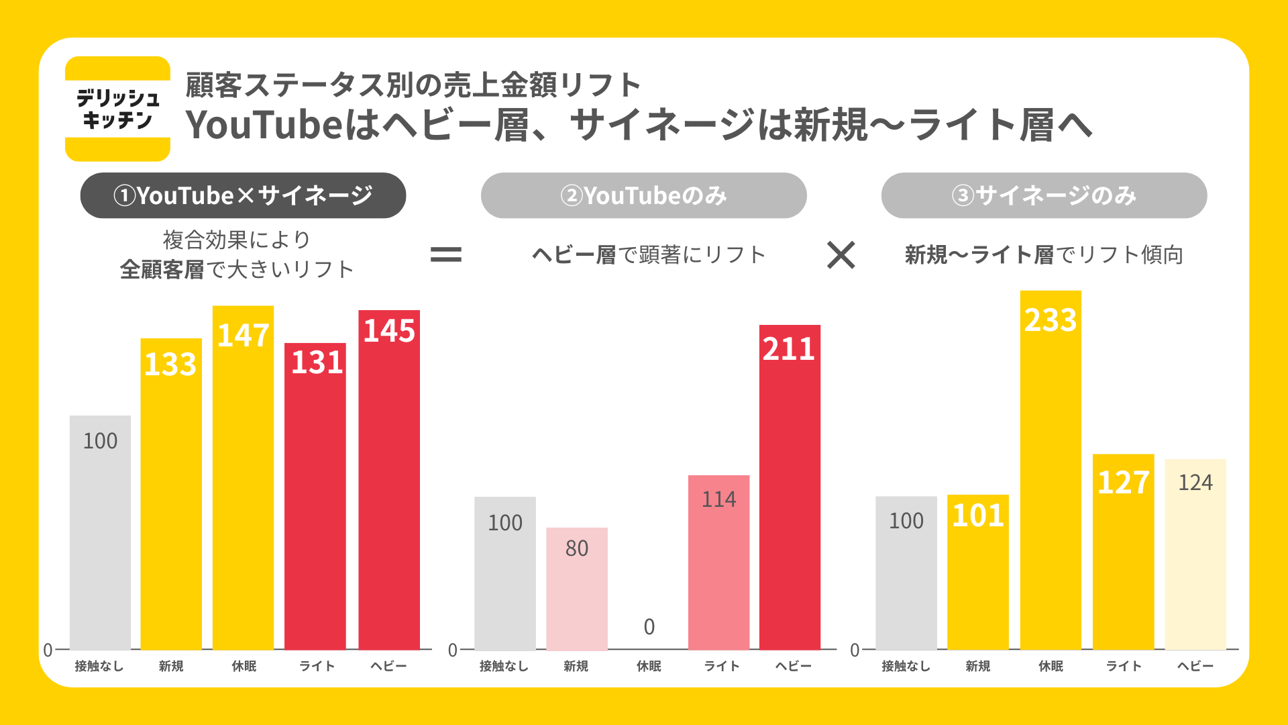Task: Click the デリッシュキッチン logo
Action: click(117, 109)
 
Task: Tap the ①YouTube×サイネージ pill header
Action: click(243, 195)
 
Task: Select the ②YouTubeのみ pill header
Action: click(643, 195)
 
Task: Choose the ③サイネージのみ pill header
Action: click(1044, 195)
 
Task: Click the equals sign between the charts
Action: click(446, 254)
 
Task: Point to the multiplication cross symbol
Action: click(841, 255)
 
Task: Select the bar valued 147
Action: click(243, 477)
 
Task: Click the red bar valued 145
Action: click(389, 480)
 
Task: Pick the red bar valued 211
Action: click(790, 487)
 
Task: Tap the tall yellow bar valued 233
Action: click(1051, 470)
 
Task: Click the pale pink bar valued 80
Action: click(577, 588)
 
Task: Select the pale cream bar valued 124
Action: click(1195, 554)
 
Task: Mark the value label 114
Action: click(718, 499)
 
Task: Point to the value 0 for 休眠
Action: click(649, 627)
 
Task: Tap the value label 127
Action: click(1123, 483)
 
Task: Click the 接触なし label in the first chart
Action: click(99, 666)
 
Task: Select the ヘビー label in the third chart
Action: click(1195, 666)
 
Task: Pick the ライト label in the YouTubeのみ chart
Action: click(721, 666)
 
